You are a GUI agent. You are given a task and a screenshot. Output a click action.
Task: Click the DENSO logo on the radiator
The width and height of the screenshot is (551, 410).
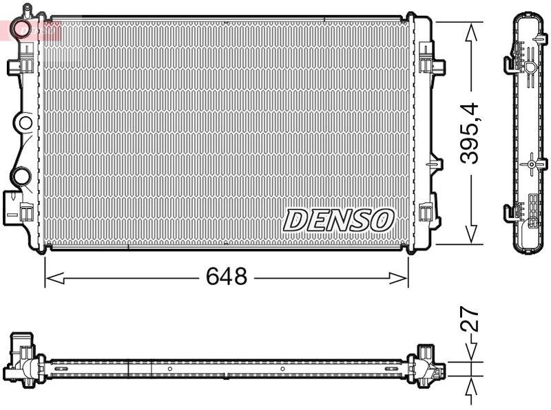pos(338,220)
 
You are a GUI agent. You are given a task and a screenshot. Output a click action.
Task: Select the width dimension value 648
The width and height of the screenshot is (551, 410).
pos(226,277)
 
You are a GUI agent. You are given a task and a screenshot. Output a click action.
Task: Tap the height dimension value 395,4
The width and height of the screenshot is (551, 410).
pos(470,133)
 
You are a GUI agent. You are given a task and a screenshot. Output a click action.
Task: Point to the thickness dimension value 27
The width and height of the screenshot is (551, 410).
pos(470,321)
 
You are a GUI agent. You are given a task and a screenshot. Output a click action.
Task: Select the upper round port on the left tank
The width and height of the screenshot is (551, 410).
pos(25,124)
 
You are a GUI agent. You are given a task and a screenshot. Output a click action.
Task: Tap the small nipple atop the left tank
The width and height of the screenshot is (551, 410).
pos(27,10)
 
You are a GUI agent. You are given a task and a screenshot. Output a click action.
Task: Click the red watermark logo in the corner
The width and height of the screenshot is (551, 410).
pos(31,30)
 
